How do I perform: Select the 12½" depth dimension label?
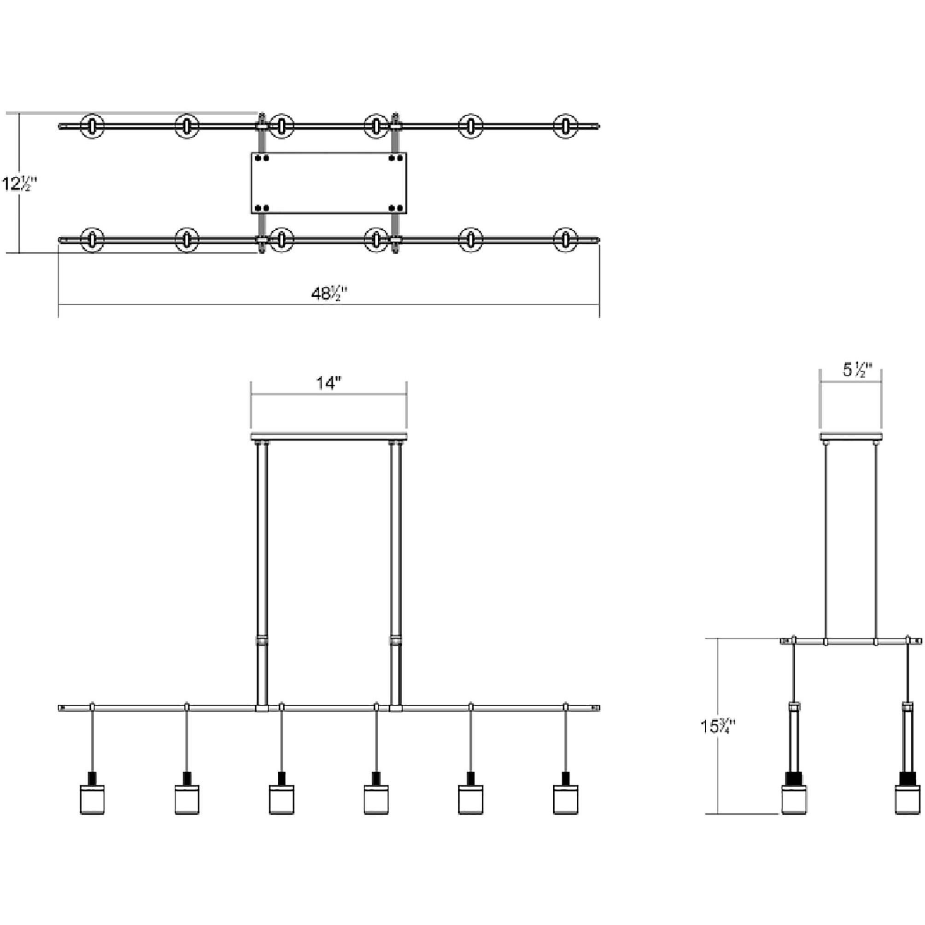click(19, 183)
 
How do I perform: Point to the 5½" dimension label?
click(857, 369)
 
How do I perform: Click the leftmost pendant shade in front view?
click(93, 799)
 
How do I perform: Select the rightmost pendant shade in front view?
click(565, 799)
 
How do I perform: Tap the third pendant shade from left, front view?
click(281, 799)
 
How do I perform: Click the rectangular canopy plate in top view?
click(329, 183)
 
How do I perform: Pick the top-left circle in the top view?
click(93, 126)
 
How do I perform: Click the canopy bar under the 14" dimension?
click(329, 436)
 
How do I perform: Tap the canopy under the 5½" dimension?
click(850, 436)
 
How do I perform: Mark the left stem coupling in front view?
click(262, 641)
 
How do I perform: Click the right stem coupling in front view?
click(396, 641)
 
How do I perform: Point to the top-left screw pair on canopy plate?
click(262, 158)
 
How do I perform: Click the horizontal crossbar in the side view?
click(850, 641)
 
